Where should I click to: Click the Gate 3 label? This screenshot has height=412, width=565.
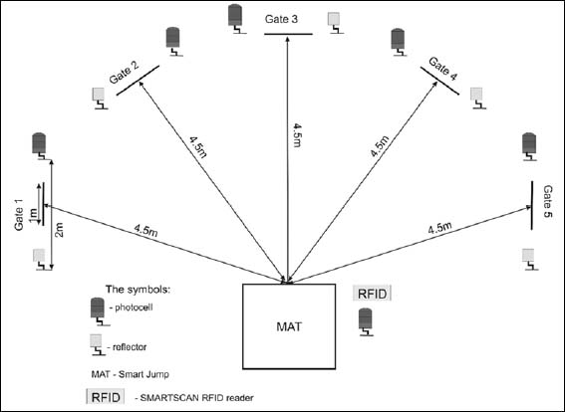coord(281,19)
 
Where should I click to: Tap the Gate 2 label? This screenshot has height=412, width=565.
coord(125,72)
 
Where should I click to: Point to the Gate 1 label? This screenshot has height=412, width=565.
coord(19,215)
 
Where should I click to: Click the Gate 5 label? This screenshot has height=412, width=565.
coord(548,202)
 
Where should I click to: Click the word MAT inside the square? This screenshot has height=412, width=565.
coord(289,326)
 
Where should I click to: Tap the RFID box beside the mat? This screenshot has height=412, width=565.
coord(373,294)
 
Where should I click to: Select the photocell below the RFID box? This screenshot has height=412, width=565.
coord(366,322)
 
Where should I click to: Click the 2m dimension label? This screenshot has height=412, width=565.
coord(59,230)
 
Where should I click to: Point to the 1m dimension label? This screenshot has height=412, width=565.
coord(33,215)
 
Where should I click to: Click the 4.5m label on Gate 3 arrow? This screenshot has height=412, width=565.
coord(297,135)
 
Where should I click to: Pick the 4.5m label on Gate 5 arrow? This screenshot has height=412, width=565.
coord(440,229)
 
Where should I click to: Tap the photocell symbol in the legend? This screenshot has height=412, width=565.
coord(99,311)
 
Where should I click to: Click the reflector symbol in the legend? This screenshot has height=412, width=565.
coord(97,345)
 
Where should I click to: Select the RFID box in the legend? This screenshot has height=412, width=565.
coord(106,397)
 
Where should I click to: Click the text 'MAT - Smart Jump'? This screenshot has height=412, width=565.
coord(131,374)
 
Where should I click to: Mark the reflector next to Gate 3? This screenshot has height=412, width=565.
coord(335,23)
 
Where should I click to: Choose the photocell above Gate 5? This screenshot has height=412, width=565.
coord(529,147)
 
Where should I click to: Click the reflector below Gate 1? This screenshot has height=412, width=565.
coord(40,259)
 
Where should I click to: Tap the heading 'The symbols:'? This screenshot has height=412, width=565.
coord(138,290)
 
